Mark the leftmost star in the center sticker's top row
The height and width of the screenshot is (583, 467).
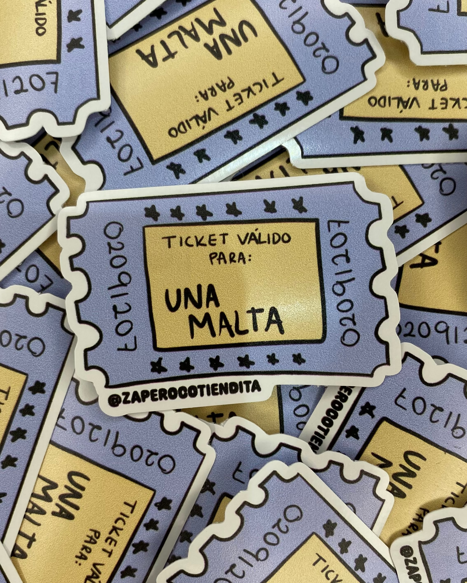[x=150, y=212]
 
